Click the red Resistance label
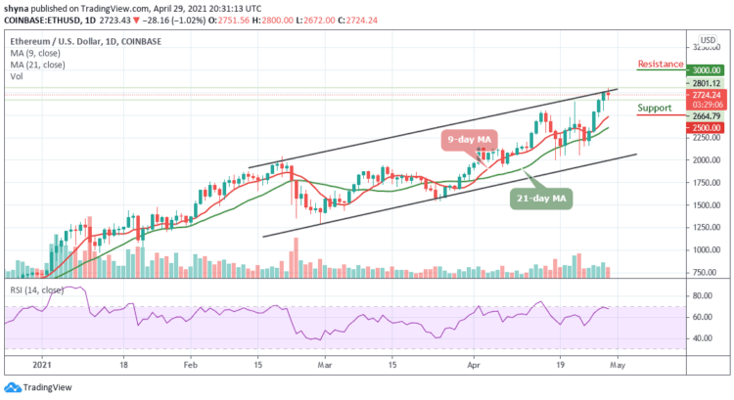coord(661,65)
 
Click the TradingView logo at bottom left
coord(44,386)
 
